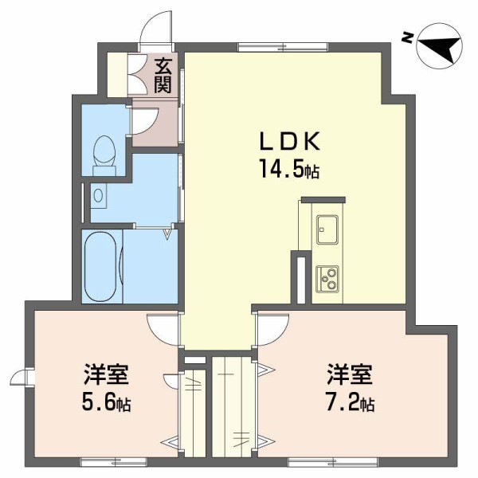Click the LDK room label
(x=288, y=142)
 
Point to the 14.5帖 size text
(x=288, y=169)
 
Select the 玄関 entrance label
(x=163, y=75)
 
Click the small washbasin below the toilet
(x=97, y=194)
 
